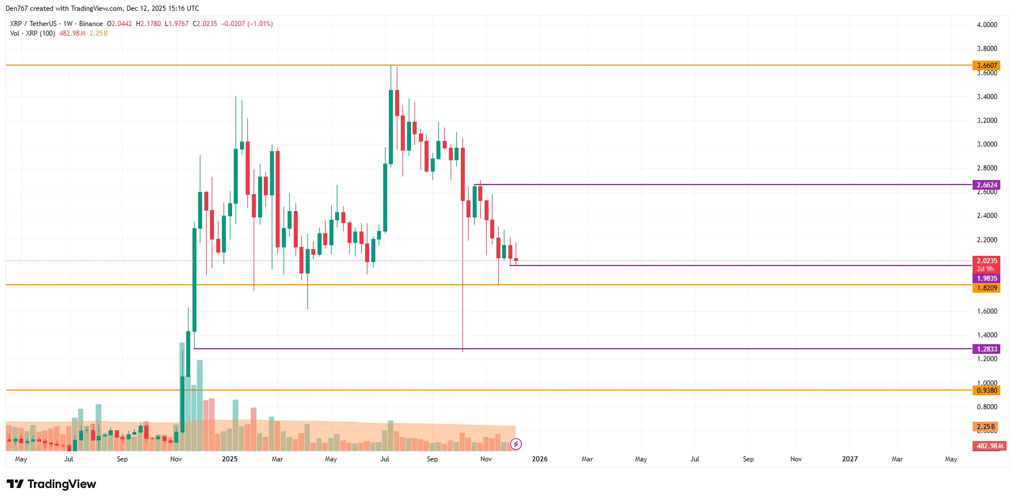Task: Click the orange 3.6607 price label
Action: [986, 66]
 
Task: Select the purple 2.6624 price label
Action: [986, 185]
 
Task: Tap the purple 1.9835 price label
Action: [986, 279]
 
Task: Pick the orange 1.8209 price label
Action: [986, 288]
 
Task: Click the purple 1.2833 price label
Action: [986, 349]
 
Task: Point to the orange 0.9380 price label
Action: [986, 391]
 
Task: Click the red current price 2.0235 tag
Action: [986, 262]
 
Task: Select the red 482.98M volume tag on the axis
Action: [989, 446]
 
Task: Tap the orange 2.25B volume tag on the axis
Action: [985, 427]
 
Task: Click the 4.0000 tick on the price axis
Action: [987, 25]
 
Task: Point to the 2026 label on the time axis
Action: [539, 459]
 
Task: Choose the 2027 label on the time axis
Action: [849, 459]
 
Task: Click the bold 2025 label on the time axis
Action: [230, 459]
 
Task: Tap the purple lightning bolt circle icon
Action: [516, 444]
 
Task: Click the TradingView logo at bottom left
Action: [52, 484]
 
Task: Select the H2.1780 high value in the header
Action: [148, 24]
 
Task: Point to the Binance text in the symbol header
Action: [91, 24]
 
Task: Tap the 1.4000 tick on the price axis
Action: [987, 335]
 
